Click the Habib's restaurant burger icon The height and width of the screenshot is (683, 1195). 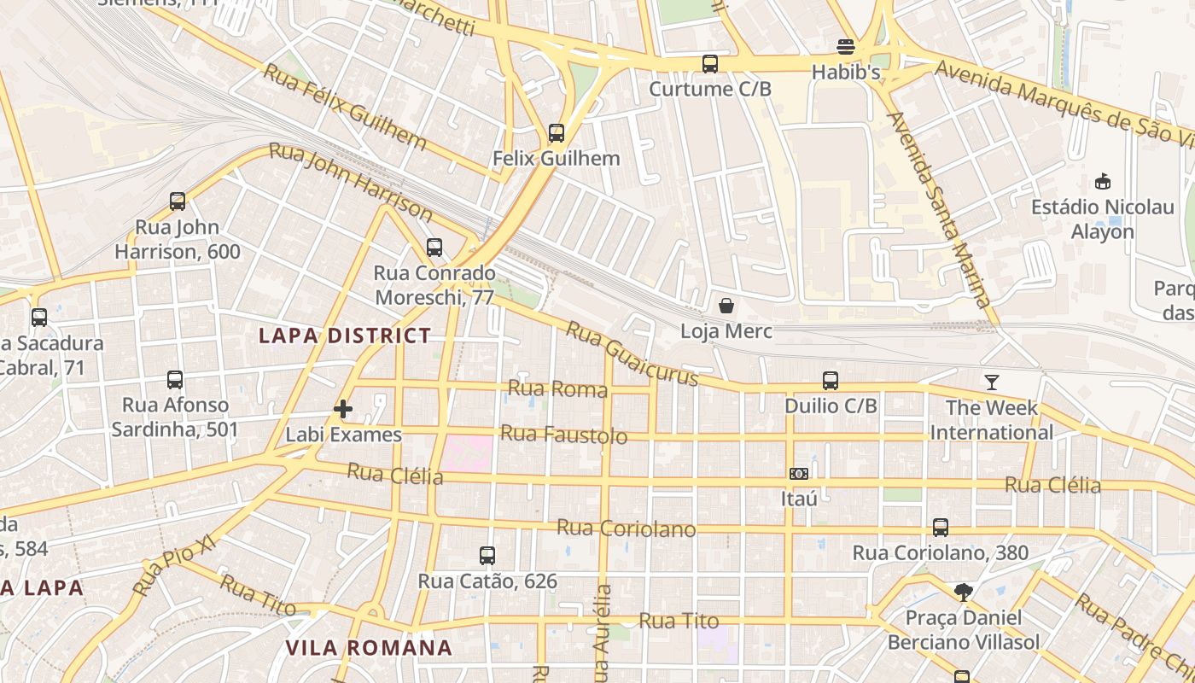[846, 46]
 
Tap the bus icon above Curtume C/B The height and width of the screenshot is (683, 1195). [709, 63]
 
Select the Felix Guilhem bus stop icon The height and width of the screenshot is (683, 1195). [556, 133]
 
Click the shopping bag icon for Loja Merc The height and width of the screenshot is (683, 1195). [726, 306]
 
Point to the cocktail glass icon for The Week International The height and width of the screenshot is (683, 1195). [991, 382]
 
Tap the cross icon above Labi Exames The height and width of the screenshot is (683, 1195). [343, 409]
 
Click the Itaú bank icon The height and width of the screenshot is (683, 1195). [799, 473]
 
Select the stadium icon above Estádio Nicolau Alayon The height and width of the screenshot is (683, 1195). [1102, 181]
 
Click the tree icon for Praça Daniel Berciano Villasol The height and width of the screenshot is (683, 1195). [963, 592]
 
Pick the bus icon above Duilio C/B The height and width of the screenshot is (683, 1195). [830, 380]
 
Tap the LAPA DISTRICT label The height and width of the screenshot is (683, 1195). [345, 336]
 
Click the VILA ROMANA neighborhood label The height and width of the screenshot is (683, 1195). [369, 647]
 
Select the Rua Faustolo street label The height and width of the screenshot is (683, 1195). [563, 435]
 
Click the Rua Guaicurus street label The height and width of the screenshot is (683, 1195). [632, 353]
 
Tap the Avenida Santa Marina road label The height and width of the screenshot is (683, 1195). [939, 209]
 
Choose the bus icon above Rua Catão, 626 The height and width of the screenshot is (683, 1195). [487, 556]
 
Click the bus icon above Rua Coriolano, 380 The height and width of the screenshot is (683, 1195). [940, 527]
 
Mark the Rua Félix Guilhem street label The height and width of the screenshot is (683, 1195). [345, 106]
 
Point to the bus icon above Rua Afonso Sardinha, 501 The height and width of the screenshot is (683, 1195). [175, 379]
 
